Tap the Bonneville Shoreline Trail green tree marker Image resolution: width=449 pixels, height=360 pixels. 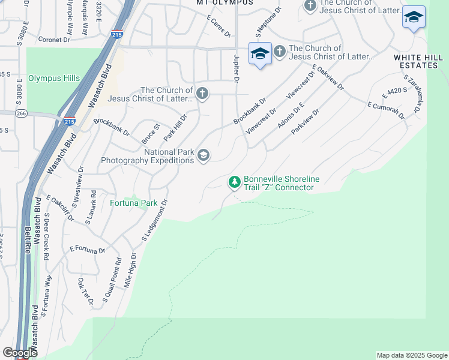pos(234,181)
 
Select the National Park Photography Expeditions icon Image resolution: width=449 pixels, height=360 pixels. pos(203,156)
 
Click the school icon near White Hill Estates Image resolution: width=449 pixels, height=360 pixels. pos(414,17)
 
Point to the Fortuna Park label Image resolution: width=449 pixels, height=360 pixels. pos(133,203)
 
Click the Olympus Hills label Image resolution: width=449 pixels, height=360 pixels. pos(54,79)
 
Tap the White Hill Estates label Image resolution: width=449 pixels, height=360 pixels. pos(416,61)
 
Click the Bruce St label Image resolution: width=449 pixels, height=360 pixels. pos(149,133)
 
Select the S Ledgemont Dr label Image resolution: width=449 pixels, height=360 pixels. pos(154,221)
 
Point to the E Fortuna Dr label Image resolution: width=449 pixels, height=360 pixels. pos(87,248)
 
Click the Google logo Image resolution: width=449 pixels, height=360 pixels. pos(20,353)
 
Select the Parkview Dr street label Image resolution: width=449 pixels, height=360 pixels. pos(306,121)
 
